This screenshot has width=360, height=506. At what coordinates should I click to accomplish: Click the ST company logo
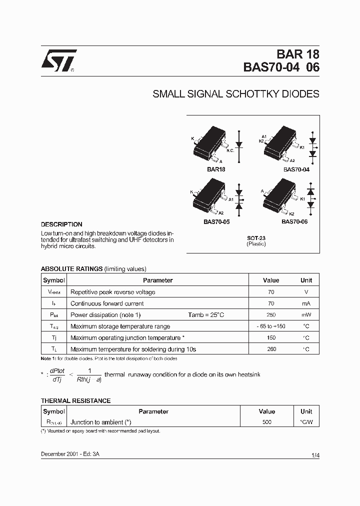coord(58,61)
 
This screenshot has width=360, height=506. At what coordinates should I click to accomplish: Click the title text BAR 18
coord(298,55)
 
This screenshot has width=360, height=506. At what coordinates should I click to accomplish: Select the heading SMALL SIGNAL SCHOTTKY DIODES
coord(235,94)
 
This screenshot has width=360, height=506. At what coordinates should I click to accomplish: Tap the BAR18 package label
coord(216,169)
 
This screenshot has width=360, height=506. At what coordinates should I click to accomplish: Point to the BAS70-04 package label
coord(296,169)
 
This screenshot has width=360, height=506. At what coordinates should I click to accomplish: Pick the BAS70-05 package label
coord(216,221)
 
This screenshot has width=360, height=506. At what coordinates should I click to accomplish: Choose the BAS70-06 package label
coord(294,221)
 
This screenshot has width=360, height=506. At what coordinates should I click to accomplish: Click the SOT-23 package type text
coord(256,238)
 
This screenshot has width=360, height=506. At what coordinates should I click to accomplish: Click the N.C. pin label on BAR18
coord(230,150)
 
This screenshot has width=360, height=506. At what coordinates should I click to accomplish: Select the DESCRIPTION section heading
coord(61,224)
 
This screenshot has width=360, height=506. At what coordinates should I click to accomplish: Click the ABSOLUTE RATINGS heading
coord(71,268)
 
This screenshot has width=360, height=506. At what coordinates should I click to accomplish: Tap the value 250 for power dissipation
coord(271,315)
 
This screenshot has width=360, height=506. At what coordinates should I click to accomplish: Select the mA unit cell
coord(306,303)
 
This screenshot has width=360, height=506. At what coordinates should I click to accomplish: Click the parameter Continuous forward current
coord(107,303)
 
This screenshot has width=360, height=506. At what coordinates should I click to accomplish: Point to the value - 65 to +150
coord(271,326)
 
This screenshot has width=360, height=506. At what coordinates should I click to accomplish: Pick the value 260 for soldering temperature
coord(271,349)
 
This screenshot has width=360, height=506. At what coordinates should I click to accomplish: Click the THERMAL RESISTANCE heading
coord(75,400)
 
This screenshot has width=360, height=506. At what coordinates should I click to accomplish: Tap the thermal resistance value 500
coord(266,422)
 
